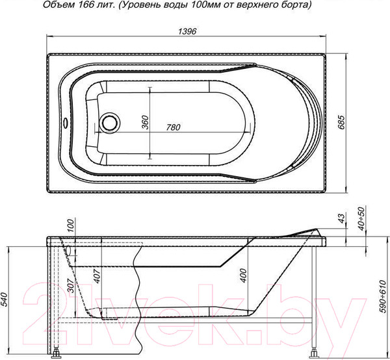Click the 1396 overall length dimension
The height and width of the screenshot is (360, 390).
[x=187, y=31]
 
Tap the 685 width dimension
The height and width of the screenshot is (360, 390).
[x=341, y=122]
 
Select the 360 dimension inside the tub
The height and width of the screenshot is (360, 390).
[x=145, y=122]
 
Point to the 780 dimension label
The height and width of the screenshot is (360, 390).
[x=173, y=127]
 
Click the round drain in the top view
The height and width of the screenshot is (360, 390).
[x=109, y=122]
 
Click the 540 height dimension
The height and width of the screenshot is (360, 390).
[x=5, y=300]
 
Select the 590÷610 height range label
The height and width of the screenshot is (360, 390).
[x=383, y=296]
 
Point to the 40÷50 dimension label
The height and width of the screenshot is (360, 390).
[x=361, y=219]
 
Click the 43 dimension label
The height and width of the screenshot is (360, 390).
[x=342, y=218]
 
